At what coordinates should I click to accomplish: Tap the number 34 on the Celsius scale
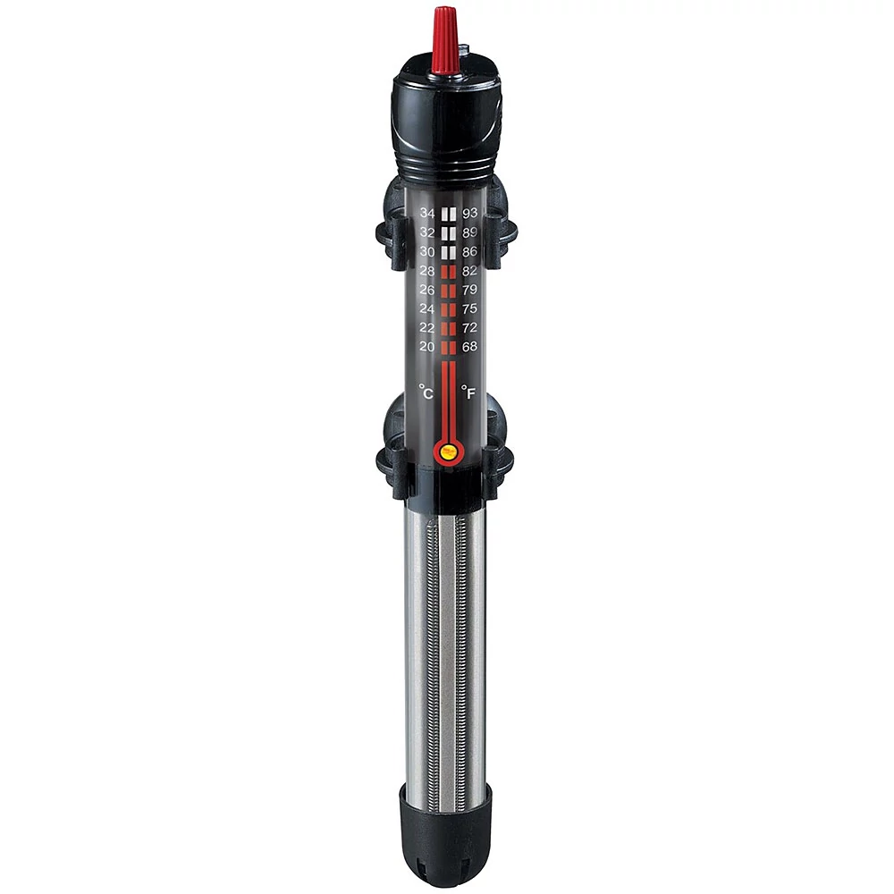427,214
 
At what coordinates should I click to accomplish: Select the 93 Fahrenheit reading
470,214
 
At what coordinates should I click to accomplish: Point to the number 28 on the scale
427,271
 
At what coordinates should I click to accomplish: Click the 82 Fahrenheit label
470,271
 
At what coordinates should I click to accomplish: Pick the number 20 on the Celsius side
427,347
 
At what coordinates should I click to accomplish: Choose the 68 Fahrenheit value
470,347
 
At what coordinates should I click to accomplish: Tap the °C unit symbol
426,392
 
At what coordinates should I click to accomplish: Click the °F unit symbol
468,392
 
